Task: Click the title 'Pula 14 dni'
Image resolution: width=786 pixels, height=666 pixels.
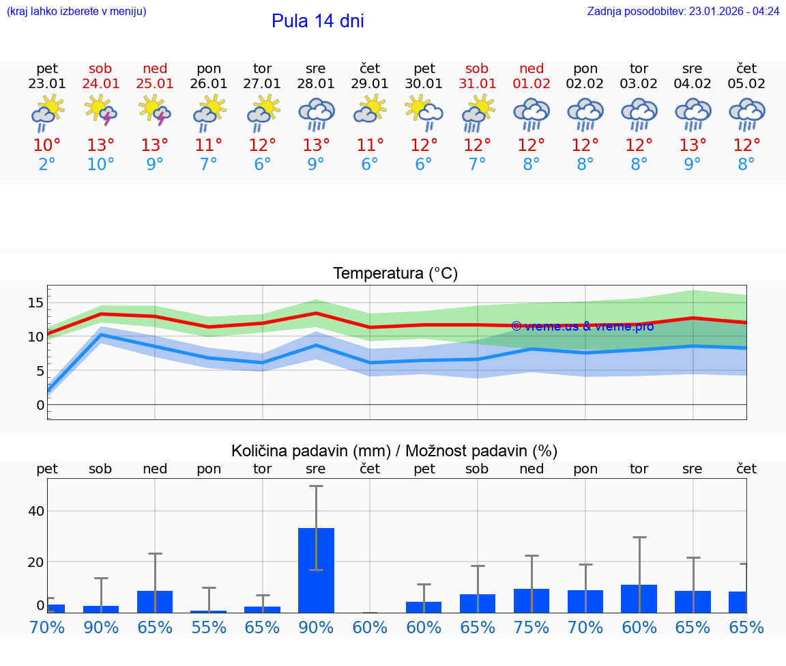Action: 317,21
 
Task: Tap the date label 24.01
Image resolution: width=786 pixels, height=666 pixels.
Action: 101,84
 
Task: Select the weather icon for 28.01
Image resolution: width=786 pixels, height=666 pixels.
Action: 316,113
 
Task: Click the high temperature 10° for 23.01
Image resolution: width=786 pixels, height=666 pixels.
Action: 47,145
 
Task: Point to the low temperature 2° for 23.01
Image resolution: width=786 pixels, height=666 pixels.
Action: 47,165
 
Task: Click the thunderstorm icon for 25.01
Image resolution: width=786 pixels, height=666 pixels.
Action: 155,112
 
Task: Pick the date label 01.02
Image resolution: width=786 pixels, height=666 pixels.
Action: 532,84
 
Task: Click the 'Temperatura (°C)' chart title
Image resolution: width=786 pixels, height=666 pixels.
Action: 395,274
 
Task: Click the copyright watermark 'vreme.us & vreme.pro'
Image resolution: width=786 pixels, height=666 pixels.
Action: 582,327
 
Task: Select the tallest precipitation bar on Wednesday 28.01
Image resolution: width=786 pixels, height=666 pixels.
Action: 316,570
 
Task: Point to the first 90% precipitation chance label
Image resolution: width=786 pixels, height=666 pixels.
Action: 101,627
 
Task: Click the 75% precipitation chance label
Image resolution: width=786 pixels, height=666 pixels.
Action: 532,627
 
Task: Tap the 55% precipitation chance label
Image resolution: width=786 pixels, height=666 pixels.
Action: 209,627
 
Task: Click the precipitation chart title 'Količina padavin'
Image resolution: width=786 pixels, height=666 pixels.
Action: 394,451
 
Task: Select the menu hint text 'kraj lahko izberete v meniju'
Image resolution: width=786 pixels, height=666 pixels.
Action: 76,12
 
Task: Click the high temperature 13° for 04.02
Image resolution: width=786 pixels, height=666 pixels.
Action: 693,145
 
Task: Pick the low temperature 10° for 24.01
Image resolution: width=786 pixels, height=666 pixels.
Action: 101,165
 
